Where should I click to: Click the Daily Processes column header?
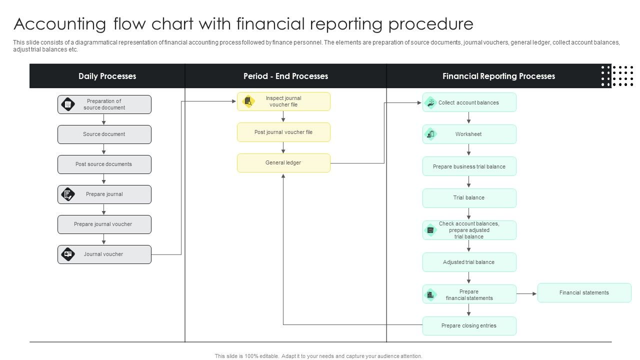click(x=107, y=76)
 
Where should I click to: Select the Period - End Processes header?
click(x=285, y=76)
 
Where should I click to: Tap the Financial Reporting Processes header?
click(x=498, y=76)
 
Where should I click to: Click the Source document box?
click(x=104, y=134)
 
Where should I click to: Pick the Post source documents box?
click(x=104, y=164)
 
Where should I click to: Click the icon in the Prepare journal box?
click(x=67, y=194)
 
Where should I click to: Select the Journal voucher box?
click(x=104, y=254)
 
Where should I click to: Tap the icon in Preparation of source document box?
click(x=67, y=104)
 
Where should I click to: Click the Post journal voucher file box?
click(x=283, y=132)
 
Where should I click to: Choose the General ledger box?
click(x=283, y=163)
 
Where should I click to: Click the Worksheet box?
click(x=469, y=134)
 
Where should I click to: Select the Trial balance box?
click(x=469, y=198)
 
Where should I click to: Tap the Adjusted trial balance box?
click(x=469, y=262)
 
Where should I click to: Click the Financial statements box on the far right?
click(x=584, y=293)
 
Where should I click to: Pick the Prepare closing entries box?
click(x=469, y=326)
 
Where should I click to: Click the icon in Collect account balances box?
click(x=430, y=102)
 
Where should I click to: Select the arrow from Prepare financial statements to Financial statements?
click(x=526, y=294)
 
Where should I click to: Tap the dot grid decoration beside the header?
click(x=617, y=76)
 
